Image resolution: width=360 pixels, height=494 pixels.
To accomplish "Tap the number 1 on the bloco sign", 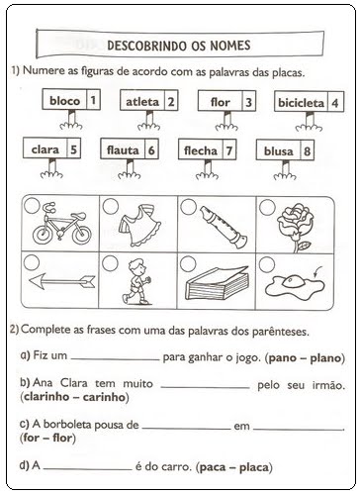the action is [93, 100].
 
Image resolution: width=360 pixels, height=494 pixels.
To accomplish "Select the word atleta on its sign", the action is [142, 102].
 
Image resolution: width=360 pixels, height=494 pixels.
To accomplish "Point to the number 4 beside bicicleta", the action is [335, 103].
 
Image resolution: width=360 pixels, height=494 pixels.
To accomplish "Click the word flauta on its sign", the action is [123, 150].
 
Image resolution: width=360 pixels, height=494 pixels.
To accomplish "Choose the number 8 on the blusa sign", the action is [307, 151].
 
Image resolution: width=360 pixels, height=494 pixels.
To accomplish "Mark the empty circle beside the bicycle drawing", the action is [32, 206].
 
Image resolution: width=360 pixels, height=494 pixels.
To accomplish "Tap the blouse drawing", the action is [139, 225].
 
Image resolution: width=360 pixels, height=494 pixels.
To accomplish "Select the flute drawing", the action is [224, 228].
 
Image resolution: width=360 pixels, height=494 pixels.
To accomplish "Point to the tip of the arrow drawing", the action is [30, 280].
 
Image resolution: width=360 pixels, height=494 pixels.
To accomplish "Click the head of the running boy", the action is [136, 266].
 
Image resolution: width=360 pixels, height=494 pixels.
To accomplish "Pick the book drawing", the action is [217, 282].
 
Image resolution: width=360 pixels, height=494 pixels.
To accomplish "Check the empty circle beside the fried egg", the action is [267, 264].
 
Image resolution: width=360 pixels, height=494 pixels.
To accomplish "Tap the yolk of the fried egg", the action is [292, 281].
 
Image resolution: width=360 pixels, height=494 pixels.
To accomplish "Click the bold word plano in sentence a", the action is [325, 358].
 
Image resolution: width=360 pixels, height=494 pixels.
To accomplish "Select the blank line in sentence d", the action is [88, 469].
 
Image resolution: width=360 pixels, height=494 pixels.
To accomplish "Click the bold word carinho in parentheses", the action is [105, 397].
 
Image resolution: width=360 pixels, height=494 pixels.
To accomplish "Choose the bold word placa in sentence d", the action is [253, 467].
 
